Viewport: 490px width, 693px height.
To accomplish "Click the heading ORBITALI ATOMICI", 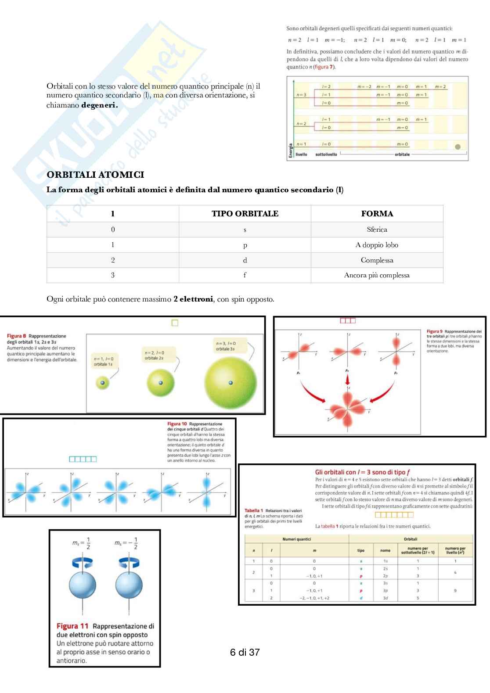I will point(95,175).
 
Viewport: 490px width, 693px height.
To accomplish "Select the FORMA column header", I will point(377,214).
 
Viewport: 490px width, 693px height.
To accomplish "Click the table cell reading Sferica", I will point(377,230).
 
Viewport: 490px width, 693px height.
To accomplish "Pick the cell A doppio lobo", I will point(377,245).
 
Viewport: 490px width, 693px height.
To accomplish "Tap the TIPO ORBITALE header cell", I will point(245,214).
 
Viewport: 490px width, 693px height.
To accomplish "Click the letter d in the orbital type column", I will point(245,260).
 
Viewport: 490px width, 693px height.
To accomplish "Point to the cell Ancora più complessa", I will point(377,275).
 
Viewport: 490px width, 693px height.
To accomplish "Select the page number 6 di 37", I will point(245,652).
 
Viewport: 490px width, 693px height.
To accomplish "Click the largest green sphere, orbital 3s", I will point(231,382).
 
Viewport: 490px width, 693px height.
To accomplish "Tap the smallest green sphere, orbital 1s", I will point(102,383).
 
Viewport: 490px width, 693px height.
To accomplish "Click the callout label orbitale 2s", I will point(154,358).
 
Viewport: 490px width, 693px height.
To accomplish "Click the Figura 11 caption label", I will point(72,626).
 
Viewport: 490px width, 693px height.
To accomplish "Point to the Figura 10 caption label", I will point(177,424).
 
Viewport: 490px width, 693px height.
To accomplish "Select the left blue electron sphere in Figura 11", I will point(83,586).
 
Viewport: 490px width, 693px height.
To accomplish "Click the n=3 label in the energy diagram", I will point(302,95).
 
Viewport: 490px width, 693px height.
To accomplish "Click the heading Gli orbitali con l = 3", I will point(362,472).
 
